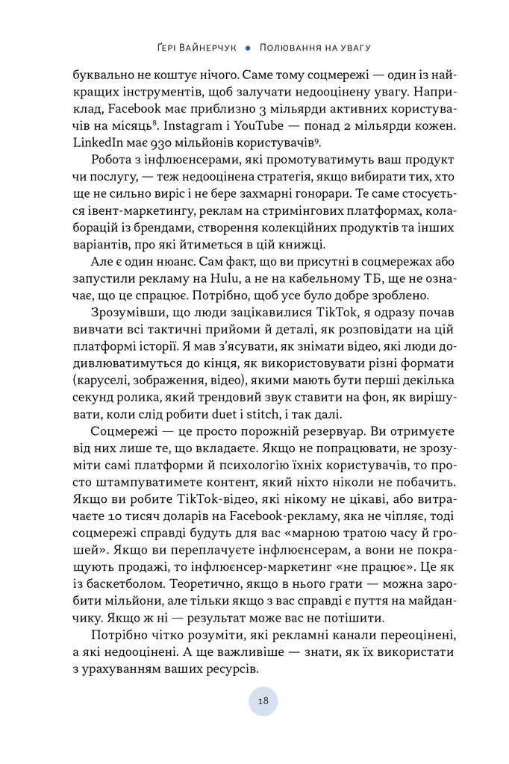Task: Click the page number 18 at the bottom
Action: click(263, 701)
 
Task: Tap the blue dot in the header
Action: click(247, 47)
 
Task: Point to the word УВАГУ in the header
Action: click(351, 47)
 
